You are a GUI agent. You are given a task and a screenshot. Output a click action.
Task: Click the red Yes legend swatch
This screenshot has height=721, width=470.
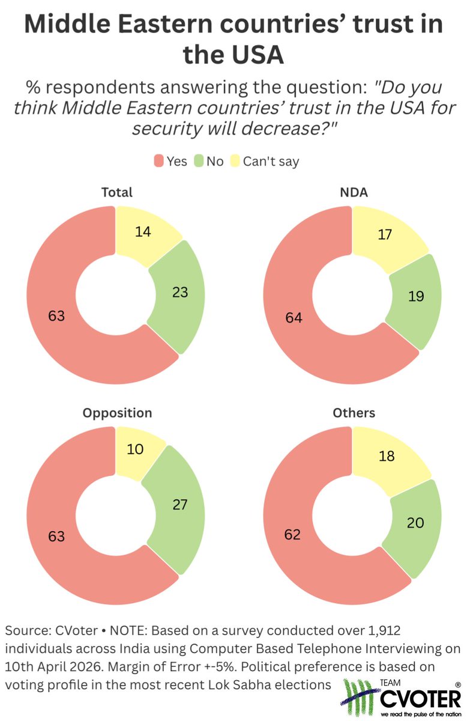tap(159, 161)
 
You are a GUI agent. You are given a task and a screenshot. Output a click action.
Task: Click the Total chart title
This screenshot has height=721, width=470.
tap(117, 192)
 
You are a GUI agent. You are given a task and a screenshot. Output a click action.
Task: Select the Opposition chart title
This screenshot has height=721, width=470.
tap(117, 413)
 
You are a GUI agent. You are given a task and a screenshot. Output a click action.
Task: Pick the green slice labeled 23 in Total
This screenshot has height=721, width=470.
tap(179, 293)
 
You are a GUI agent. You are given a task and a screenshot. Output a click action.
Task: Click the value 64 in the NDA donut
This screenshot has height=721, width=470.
tap(294, 317)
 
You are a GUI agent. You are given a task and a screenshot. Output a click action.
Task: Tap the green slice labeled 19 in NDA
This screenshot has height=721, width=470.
tap(415, 296)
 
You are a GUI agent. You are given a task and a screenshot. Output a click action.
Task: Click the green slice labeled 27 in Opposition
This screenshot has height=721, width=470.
tap(179, 504)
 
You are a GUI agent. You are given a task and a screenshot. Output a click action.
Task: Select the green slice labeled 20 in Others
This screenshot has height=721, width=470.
tap(415, 522)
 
